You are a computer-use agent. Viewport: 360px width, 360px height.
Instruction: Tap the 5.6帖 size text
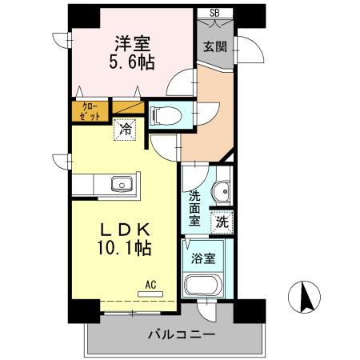131,61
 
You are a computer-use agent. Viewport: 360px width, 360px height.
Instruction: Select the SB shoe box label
214,12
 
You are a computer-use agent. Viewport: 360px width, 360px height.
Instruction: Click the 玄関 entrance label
214,46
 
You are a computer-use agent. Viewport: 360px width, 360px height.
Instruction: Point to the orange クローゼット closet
90,110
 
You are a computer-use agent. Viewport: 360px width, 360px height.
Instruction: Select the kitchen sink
122,185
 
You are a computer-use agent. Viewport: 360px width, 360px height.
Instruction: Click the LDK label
122,230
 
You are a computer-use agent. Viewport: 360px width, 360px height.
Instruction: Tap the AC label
150,282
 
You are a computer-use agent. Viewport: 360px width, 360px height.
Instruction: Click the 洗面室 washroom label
194,208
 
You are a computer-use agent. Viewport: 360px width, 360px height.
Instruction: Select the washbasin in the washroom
223,193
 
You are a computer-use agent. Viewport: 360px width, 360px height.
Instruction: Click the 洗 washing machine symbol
222,222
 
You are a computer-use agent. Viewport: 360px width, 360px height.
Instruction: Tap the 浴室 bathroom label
203,258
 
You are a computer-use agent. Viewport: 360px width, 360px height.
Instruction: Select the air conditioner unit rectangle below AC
150,294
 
